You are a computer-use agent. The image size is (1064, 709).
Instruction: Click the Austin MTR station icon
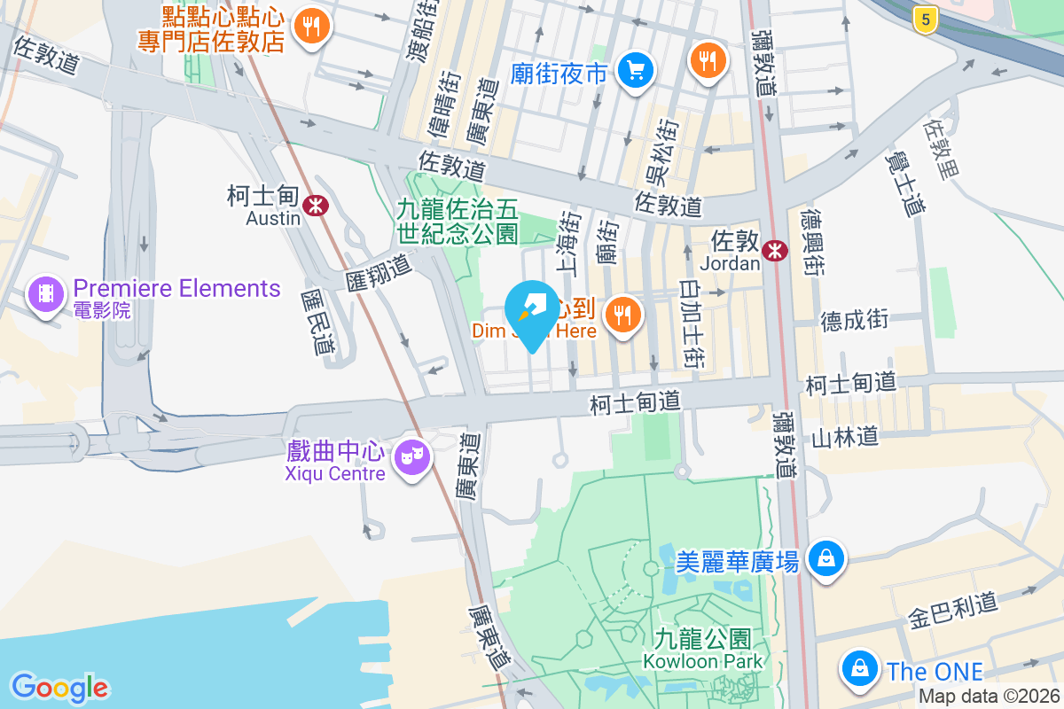314,206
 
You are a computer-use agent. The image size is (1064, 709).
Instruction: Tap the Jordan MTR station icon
776,251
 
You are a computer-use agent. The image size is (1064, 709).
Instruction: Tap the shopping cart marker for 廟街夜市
636,71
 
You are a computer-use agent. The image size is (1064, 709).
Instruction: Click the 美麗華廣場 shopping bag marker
826,558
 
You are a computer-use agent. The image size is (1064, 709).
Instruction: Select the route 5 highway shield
925,19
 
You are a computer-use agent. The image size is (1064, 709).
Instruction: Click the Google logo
59,687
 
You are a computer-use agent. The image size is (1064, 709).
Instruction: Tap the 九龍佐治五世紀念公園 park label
458,222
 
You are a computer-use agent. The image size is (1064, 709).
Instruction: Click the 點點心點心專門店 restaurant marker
310,25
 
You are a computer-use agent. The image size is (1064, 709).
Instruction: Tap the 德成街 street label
854,320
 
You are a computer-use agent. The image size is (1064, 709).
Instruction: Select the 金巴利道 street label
953,611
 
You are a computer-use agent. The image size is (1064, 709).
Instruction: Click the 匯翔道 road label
380,273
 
